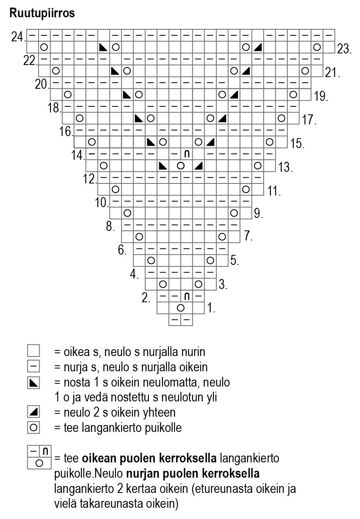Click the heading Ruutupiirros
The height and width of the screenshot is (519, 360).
[42, 13]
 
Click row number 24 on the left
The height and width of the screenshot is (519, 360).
[18, 37]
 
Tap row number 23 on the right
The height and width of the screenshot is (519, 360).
[344, 50]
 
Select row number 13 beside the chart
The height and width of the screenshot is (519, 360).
[285, 167]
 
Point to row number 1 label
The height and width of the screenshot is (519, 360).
[212, 309]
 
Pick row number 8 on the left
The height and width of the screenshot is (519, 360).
[111, 226]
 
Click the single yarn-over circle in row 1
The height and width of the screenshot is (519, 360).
[181, 308]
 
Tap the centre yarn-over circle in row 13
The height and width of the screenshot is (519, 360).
[181, 165]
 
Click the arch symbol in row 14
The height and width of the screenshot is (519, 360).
[187, 154]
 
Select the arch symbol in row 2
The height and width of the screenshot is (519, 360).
[187, 296]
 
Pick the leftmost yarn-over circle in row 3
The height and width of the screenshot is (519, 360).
[163, 284]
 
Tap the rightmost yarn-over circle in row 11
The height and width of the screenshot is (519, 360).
[246, 189]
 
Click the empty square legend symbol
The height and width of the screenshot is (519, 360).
[34, 351]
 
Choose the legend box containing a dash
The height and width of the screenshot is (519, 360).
[34, 366]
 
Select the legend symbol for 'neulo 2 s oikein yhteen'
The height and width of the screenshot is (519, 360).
[34, 412]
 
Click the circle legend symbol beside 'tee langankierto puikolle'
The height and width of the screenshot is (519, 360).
[34, 427]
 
